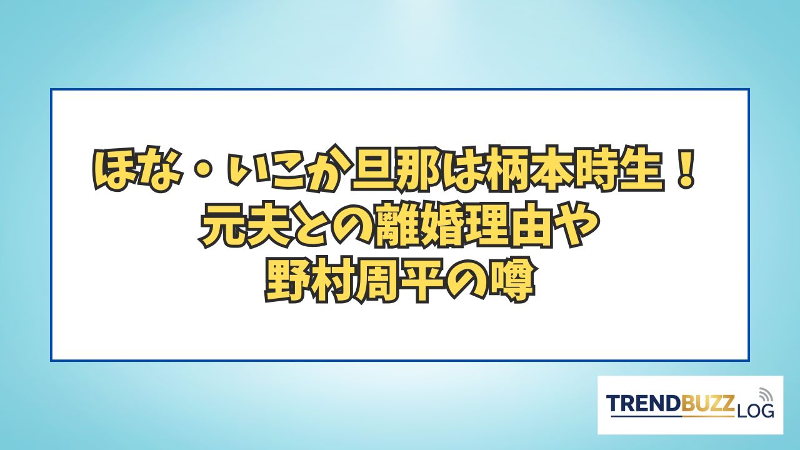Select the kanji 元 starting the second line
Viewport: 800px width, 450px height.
(222, 226)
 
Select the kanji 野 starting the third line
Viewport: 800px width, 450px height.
(286, 280)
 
